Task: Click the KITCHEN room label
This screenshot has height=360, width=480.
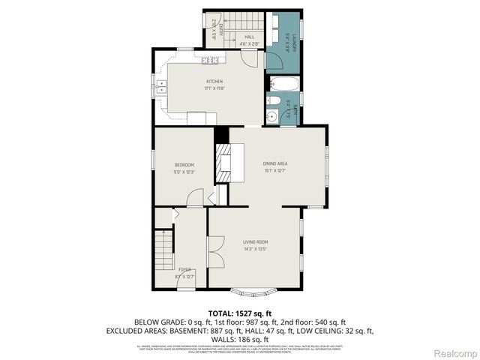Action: coord(215,82)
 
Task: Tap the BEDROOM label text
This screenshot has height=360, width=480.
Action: coord(184,165)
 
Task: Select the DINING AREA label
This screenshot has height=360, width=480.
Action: coord(275,163)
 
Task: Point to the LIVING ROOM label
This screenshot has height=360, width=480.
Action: coord(256,241)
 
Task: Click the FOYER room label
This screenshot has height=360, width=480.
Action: coord(184,269)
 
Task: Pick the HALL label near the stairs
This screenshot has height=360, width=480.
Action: coord(248,37)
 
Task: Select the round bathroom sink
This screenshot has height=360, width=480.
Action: coord(273,116)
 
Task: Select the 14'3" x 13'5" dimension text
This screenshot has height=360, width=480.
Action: coord(256,249)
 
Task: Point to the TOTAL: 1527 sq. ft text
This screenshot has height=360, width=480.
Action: coord(239,313)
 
